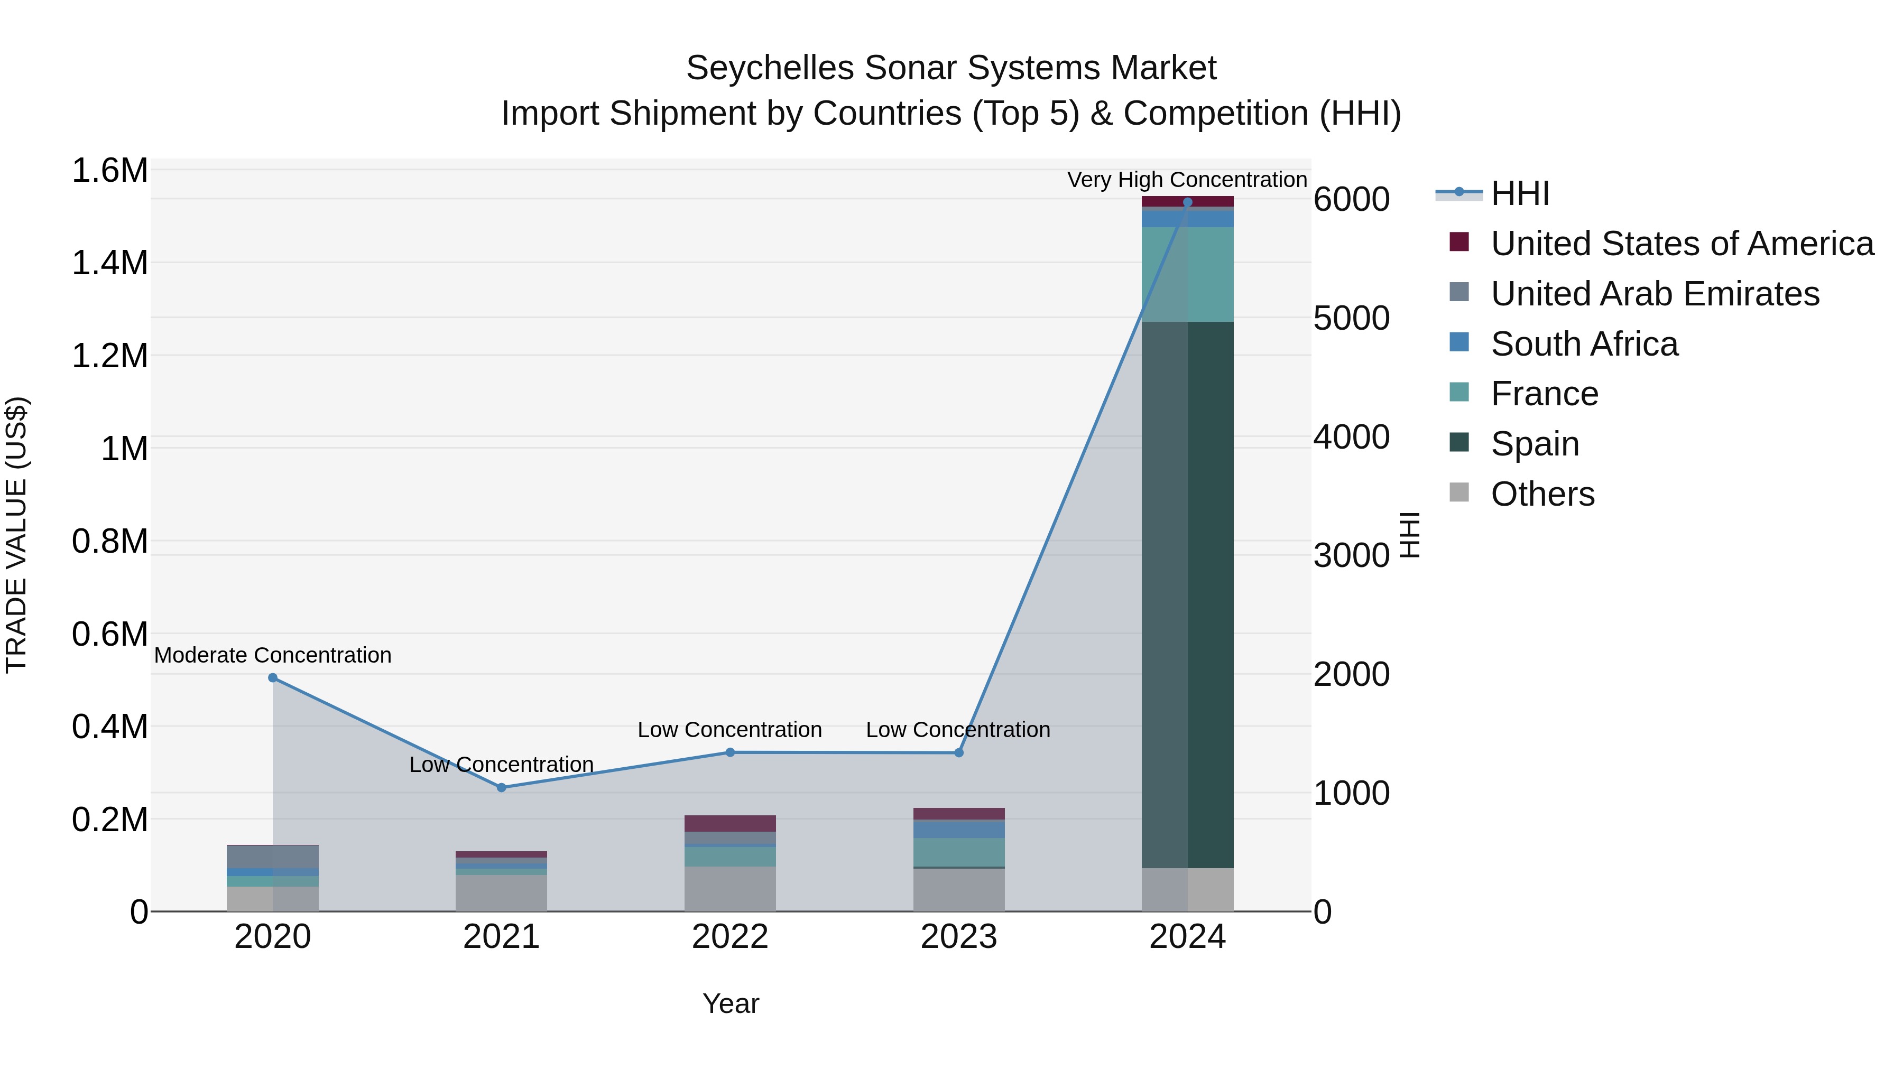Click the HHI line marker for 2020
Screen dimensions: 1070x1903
(273, 677)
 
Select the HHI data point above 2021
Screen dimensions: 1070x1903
(502, 787)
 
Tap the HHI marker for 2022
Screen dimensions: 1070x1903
(730, 752)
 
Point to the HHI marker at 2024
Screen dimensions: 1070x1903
(1187, 202)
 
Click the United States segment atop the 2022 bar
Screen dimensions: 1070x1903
(730, 823)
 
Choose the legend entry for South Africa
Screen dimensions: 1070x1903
(1584, 344)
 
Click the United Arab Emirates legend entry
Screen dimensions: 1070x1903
(1654, 294)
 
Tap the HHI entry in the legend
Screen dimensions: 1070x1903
(1520, 194)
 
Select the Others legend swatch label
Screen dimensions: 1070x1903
(1542, 494)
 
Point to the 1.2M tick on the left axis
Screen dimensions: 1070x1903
(109, 356)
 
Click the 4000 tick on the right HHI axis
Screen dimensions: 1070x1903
(1351, 437)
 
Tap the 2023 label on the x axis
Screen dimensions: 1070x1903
(958, 937)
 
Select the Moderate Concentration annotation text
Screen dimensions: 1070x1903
(273, 655)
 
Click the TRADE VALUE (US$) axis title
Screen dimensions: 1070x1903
(16, 535)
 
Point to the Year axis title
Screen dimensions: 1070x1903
(730, 1003)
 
